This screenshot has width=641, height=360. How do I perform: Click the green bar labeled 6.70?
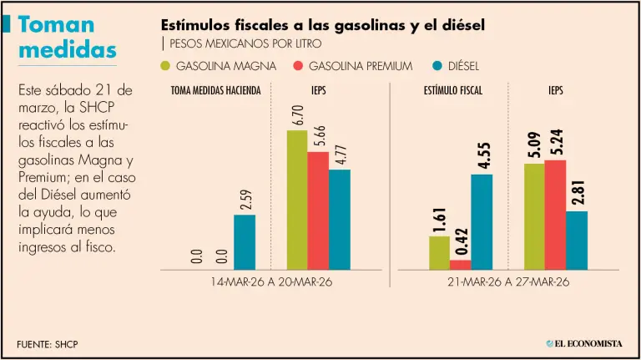coord(296,200)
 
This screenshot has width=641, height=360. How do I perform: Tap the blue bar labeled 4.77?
coord(339,220)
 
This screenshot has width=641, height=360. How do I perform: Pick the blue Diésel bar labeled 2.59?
coord(245,242)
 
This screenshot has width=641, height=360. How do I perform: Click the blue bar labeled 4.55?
coord(482,221)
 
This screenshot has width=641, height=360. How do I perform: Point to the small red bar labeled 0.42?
coord(461,265)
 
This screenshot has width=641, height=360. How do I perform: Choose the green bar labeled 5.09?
coord(534,216)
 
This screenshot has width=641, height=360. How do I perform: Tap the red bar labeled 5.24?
coord(555,215)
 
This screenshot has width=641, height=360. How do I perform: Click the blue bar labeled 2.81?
coord(577,241)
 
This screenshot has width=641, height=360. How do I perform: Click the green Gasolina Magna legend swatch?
coord(164,65)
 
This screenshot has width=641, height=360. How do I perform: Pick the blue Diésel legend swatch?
coord(441,65)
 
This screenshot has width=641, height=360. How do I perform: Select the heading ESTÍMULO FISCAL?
coord(452,89)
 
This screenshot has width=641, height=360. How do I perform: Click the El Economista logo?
coord(584,343)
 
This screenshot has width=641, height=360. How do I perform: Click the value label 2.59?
coord(245,201)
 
